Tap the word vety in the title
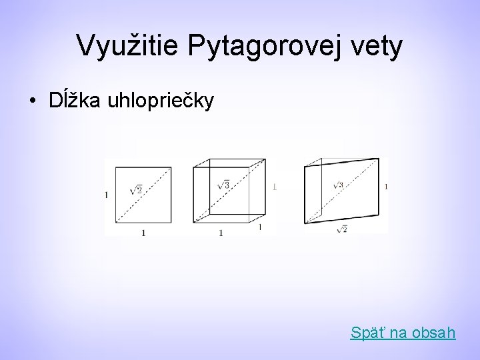pos(379,46)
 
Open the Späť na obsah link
pos(403,331)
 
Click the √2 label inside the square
pos(135,190)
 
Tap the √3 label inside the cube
pos(224,185)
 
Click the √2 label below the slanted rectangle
pos(342,230)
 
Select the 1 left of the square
pos(107,195)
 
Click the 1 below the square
pos(143,233)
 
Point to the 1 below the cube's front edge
pos(221,233)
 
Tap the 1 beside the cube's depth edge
pos(259,228)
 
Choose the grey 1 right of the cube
pos(274,187)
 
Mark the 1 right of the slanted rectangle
pos(387,186)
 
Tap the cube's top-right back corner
pos(266,159)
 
